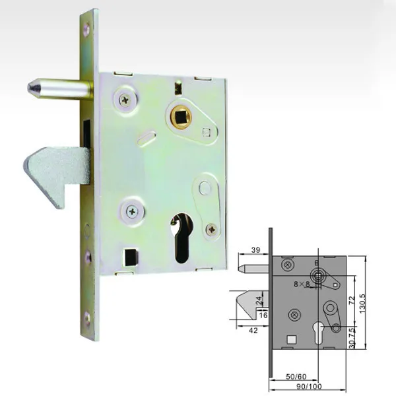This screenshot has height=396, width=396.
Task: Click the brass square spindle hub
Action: coord(178,118)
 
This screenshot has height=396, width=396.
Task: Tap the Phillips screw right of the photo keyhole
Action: coord(211,229)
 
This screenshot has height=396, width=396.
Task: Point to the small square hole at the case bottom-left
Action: coord(131,255)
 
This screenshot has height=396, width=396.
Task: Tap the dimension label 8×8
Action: coord(303,283)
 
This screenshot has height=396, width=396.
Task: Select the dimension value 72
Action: coord(352,300)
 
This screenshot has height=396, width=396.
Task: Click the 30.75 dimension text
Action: coord(352,337)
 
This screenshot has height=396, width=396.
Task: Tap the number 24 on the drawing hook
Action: coord(259,300)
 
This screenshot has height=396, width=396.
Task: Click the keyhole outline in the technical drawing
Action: coord(319,328)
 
